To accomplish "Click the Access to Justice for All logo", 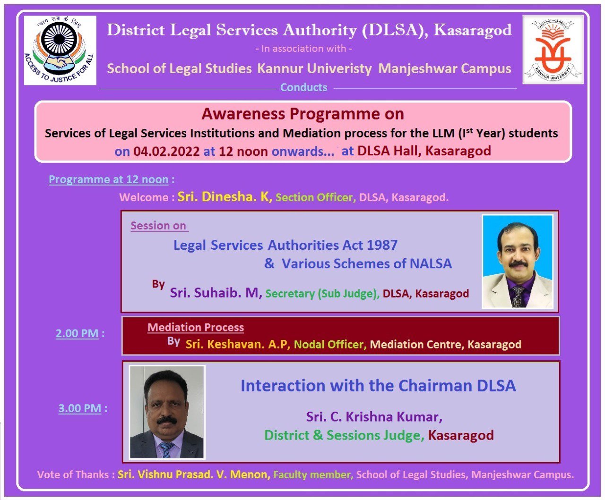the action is point(60,50).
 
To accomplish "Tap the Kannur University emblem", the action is point(553,50).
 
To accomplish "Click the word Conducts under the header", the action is point(303,87).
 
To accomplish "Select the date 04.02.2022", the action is point(166,151).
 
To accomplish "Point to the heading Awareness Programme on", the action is point(303,114).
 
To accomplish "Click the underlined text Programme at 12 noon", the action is point(108,179).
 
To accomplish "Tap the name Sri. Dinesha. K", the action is point(225,196).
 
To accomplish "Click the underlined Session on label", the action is point(158,226).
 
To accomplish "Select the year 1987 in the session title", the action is point(382,245).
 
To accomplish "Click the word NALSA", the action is point(431,263).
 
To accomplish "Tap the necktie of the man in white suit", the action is point(517,296).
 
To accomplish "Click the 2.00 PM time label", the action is point(77,333).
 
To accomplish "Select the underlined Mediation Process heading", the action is point(196,327).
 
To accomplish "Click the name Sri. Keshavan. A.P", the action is point(238,344).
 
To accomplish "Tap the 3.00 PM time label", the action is point(80,408).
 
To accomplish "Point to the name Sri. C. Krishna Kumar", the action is point(374,416).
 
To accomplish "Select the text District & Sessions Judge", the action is point(344,435).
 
